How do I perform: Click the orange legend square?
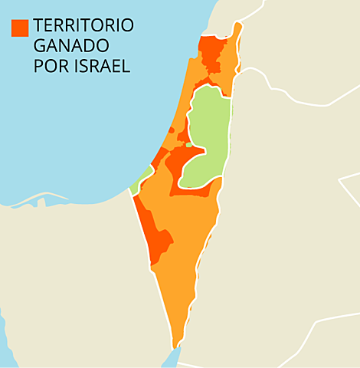click(20, 27)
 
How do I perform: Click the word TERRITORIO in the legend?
click(83, 26)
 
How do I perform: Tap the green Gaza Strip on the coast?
click(140, 182)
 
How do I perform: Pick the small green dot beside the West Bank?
click(189, 144)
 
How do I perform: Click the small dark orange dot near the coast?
click(171, 130)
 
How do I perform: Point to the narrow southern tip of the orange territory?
click(178, 337)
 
